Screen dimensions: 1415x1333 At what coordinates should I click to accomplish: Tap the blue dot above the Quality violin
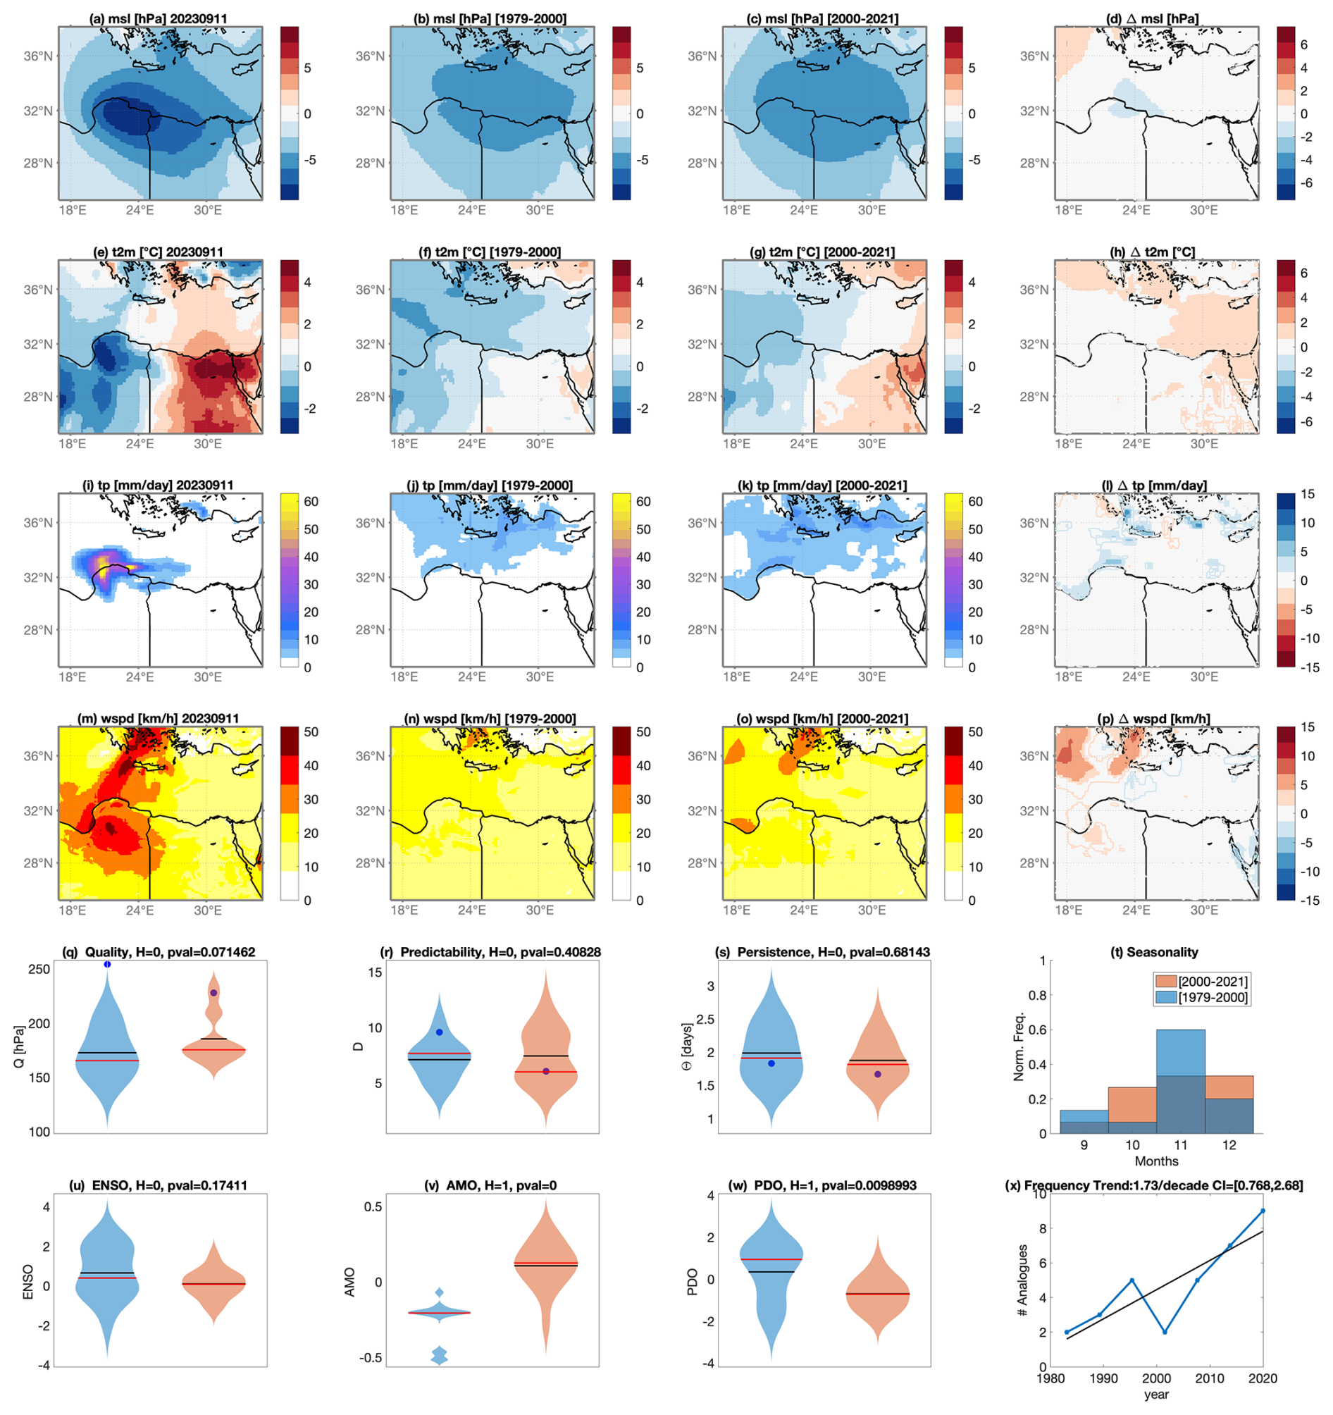tap(108, 964)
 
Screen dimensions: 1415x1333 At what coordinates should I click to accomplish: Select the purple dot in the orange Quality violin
tap(213, 992)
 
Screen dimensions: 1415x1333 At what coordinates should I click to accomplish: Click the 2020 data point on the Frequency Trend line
tap(1263, 1210)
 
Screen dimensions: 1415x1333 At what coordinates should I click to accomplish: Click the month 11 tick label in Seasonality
tap(1181, 1145)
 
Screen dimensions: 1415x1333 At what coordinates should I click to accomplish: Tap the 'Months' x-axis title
tap(1156, 1161)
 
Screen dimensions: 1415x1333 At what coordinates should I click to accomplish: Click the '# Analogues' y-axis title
tap(1023, 1279)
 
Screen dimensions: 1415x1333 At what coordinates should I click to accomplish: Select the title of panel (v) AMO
tap(491, 1185)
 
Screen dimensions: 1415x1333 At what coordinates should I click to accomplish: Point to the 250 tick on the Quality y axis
tap(40, 969)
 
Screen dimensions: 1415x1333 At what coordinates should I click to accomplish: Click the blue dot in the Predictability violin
tap(439, 1032)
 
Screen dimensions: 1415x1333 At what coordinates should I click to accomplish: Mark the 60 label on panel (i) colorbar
tap(311, 501)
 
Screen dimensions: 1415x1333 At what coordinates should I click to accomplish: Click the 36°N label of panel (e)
tap(39, 290)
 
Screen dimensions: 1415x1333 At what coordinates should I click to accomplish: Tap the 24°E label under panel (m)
tap(139, 910)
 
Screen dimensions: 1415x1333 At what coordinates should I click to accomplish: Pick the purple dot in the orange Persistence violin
tap(878, 1074)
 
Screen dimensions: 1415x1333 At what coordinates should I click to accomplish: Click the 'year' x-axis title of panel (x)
tap(1156, 1395)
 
